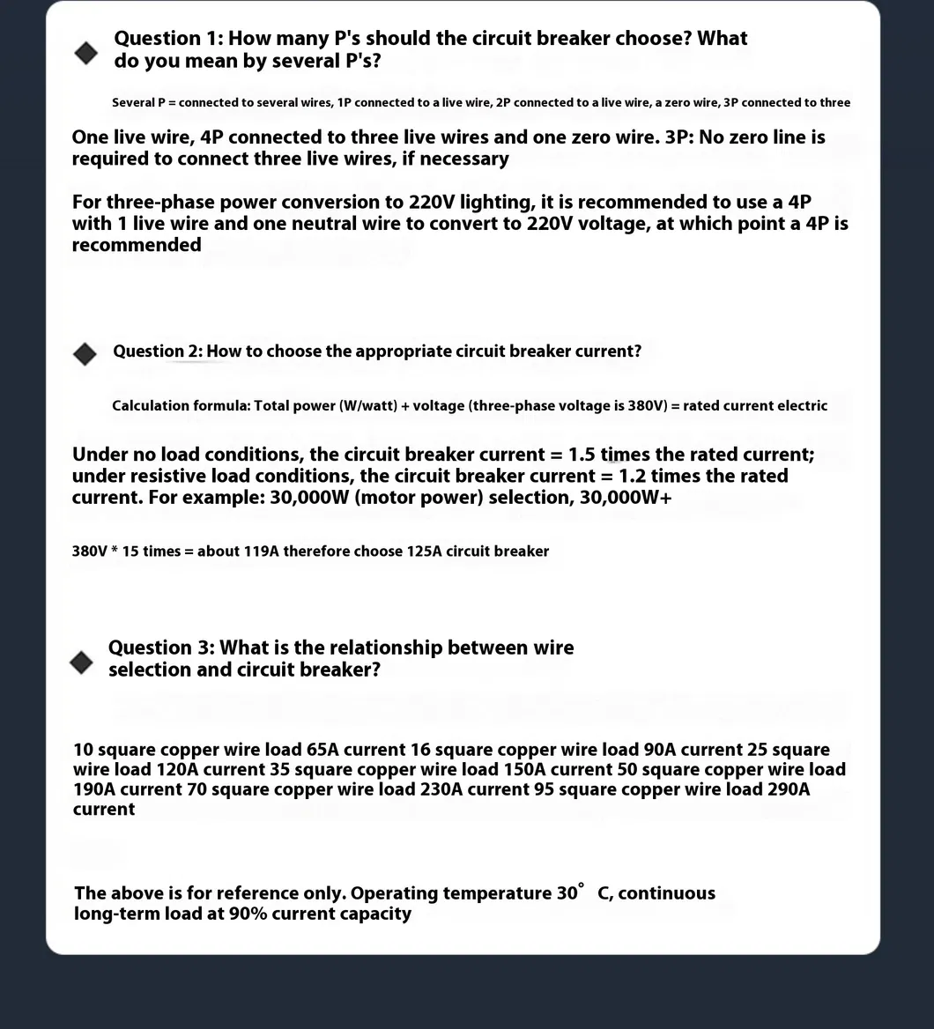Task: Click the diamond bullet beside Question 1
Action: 86,53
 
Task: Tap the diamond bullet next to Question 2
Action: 85,354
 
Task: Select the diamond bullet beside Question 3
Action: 81,663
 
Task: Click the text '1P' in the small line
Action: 345,103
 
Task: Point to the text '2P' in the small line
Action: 503,103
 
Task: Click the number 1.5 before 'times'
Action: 582,455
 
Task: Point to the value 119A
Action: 261,552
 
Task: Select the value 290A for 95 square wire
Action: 788,789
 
